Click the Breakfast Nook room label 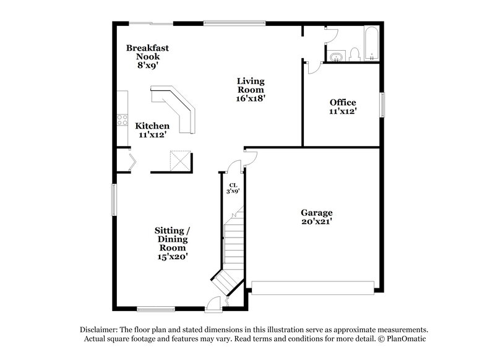147,56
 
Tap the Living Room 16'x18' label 252,89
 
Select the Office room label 342,106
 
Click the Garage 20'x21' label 317,216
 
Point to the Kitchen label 152,130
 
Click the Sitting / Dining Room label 172,243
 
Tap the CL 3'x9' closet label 233,189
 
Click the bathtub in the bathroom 372,43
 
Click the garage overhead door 312,287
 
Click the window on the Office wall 382,104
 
